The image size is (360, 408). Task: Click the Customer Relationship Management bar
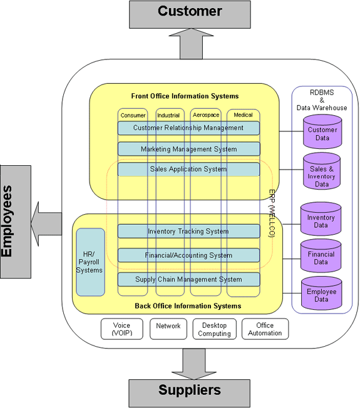coord(188,128)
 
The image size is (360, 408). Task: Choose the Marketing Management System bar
coord(188,149)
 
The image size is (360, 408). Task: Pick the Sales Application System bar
coord(188,170)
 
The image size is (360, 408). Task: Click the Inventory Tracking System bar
coord(188,232)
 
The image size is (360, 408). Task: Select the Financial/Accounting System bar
coord(188,255)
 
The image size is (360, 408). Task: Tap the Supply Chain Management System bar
coord(188,279)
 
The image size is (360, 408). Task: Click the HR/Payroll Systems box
coord(90,262)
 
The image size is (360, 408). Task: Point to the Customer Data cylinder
coord(322,134)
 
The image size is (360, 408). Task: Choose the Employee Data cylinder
coord(321,295)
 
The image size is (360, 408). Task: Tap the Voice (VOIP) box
coord(122,329)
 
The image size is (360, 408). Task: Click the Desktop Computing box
coord(215,329)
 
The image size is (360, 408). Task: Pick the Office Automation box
coord(265,329)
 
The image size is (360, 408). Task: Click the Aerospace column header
coord(206,115)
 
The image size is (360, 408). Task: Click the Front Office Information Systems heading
coord(185,96)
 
